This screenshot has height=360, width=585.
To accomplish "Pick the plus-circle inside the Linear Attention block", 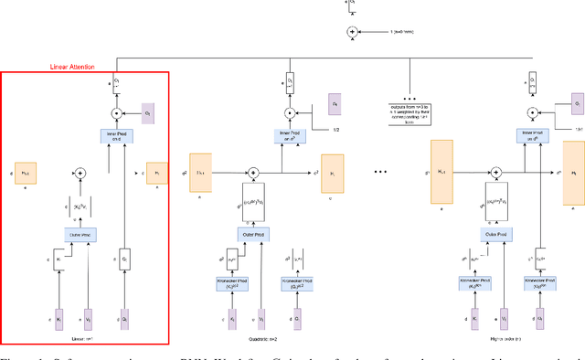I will (80, 172).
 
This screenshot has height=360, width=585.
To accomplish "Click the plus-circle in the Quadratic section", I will (261, 171).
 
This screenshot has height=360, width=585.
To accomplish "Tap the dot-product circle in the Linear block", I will (115, 113).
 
